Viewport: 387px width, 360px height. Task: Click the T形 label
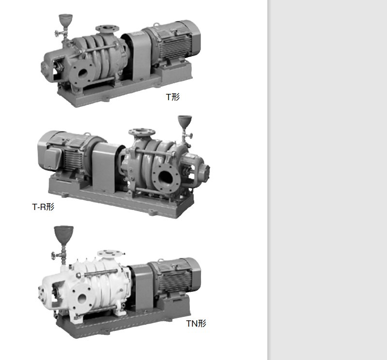tap(173, 97)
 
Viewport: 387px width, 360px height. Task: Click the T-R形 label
tap(43, 207)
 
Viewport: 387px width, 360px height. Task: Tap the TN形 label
tap(196, 323)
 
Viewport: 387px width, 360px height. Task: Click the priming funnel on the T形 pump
tap(66, 19)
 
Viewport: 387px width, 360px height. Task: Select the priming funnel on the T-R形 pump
tap(185, 121)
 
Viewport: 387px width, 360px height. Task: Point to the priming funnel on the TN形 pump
tap(63, 234)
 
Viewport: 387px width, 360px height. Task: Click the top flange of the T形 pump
tap(108, 28)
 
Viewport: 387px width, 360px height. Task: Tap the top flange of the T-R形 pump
tap(142, 132)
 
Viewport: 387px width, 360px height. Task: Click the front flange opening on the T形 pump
tap(82, 73)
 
